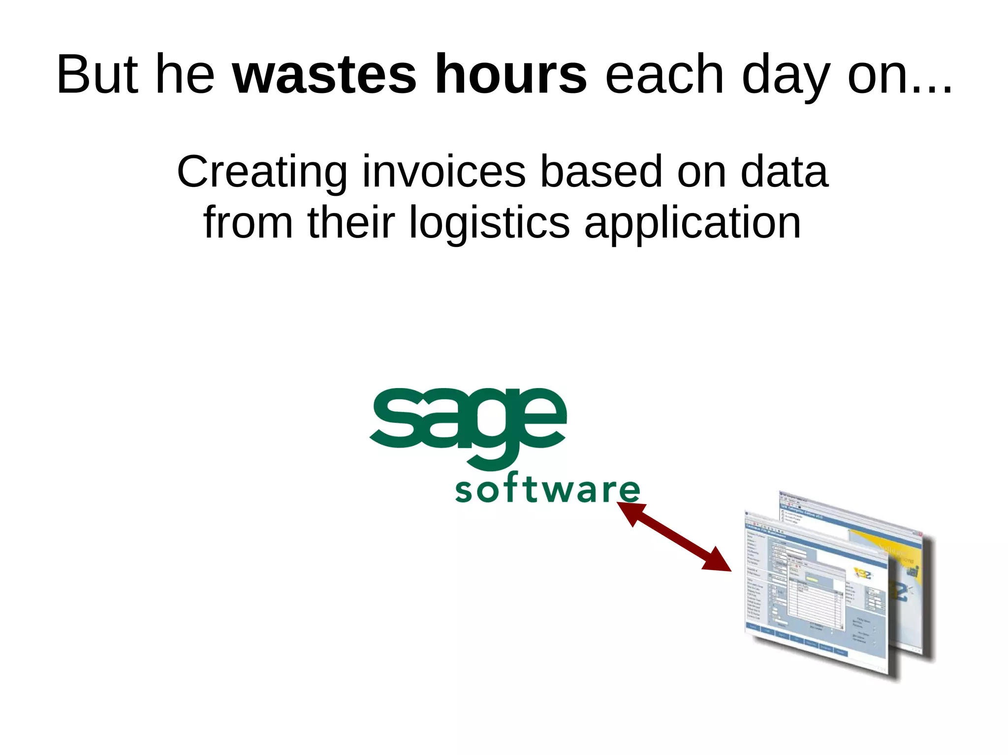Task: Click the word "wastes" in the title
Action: pyautogui.click(x=324, y=75)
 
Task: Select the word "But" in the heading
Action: pyautogui.click(x=97, y=75)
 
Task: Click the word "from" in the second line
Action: pyautogui.click(x=248, y=222)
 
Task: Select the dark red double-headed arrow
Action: pyautogui.click(x=674, y=537)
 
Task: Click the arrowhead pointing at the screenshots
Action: pyautogui.click(x=718, y=562)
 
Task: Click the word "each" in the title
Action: pyautogui.click(x=664, y=75)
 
